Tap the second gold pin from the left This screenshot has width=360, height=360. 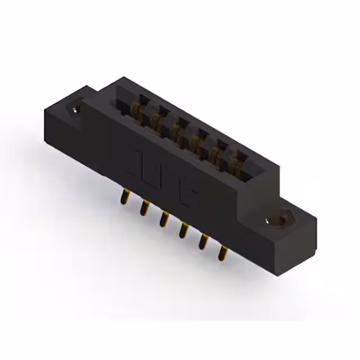pos(144,208)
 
